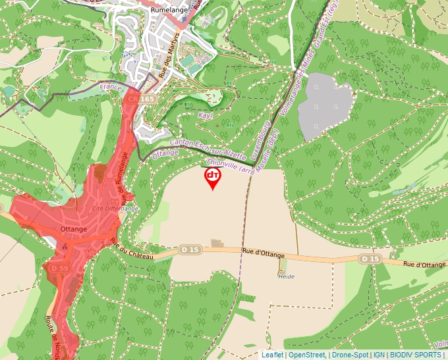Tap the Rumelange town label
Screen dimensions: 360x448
(x=169, y=11)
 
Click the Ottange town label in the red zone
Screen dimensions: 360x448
(x=73, y=228)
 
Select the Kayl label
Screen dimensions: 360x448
(x=206, y=115)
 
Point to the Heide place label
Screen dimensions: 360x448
(x=286, y=276)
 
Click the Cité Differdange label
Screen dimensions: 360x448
(x=115, y=209)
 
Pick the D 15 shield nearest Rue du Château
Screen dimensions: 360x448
(x=190, y=249)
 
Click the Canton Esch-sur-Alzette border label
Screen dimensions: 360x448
(x=208, y=150)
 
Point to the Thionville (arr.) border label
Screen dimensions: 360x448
(x=230, y=165)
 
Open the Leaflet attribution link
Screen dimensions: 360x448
(x=271, y=355)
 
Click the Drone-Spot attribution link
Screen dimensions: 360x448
(x=349, y=355)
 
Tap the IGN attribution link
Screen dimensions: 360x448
(x=379, y=355)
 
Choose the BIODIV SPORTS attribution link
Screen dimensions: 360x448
(x=415, y=355)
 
